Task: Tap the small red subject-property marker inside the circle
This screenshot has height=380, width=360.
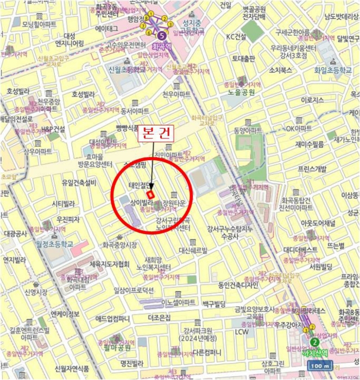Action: point(151,193)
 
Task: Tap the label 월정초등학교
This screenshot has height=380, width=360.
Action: point(52,244)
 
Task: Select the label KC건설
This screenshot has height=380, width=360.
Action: point(236,37)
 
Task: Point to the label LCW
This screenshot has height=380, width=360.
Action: point(242,331)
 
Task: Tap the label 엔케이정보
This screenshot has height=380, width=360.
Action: point(65,314)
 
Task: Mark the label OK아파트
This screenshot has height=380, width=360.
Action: point(299,129)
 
